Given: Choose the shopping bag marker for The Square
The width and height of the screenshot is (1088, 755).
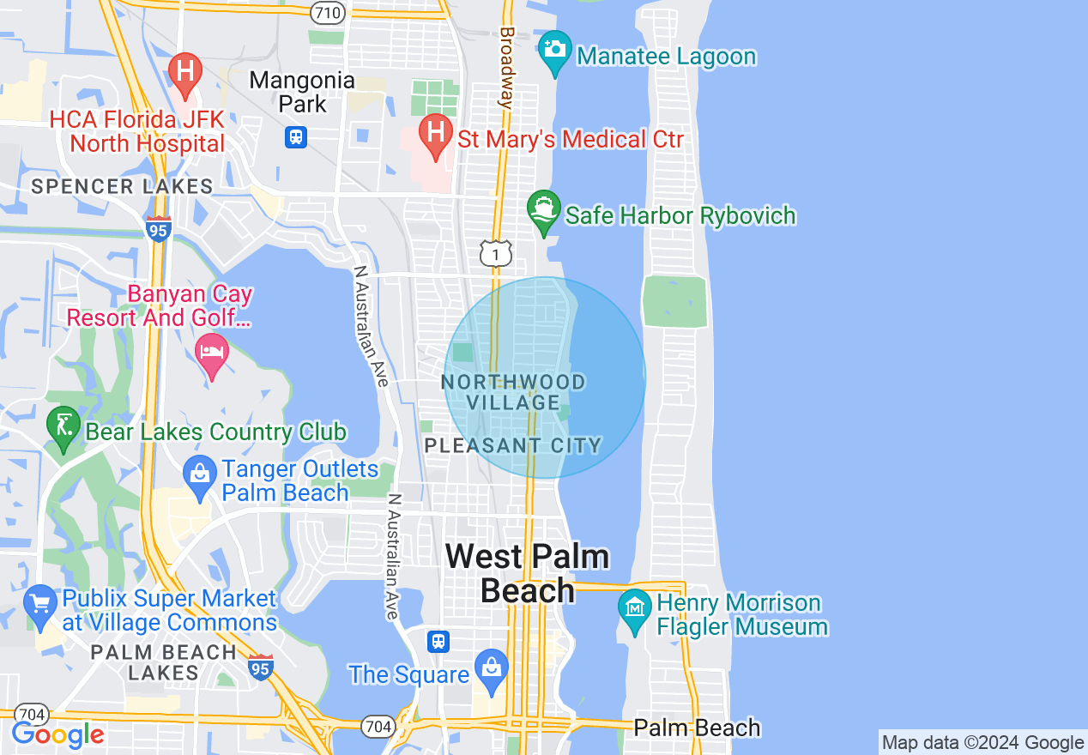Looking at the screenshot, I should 492,670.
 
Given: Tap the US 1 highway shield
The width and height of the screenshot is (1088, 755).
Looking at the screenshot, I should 496,252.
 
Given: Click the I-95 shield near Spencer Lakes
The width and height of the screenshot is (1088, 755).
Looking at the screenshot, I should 159,228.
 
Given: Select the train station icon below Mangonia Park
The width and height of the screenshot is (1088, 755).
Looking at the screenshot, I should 296,136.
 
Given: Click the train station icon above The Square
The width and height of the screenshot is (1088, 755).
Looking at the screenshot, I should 438,641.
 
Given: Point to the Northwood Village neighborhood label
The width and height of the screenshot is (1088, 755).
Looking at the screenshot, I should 514,392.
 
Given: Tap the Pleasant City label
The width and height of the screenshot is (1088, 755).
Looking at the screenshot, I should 513,445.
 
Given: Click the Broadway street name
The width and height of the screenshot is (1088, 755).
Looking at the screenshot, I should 506,67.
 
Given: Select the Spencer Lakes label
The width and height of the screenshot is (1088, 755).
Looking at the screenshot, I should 122,186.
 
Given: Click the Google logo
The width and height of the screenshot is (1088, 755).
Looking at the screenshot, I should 57,734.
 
